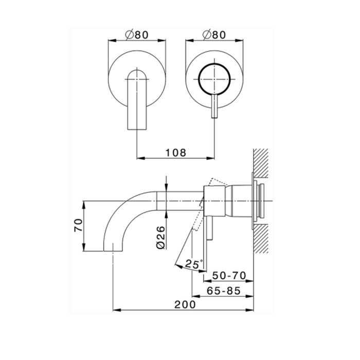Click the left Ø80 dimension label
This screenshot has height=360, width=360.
(137, 35)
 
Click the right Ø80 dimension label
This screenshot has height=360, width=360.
(214, 35)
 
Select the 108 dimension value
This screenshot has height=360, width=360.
(176, 153)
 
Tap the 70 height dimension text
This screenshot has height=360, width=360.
(78, 225)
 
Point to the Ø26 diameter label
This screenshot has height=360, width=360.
(160, 238)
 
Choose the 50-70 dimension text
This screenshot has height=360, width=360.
(229, 276)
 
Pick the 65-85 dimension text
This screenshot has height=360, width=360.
(223, 291)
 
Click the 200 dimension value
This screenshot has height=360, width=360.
(185, 304)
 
